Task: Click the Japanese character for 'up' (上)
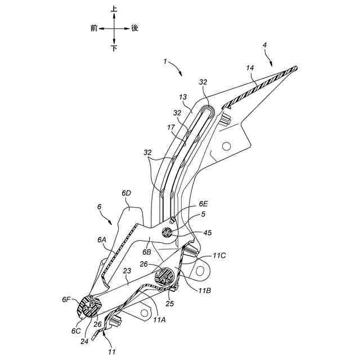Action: click(114, 10)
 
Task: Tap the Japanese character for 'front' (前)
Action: click(94, 28)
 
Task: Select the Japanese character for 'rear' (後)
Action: click(134, 28)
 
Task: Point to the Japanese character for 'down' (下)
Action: click(114, 48)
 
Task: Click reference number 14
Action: click(250, 68)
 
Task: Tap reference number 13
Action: click(182, 97)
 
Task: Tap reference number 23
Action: click(128, 271)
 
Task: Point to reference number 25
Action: click(170, 304)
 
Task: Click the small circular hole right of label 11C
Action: click(201, 271)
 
